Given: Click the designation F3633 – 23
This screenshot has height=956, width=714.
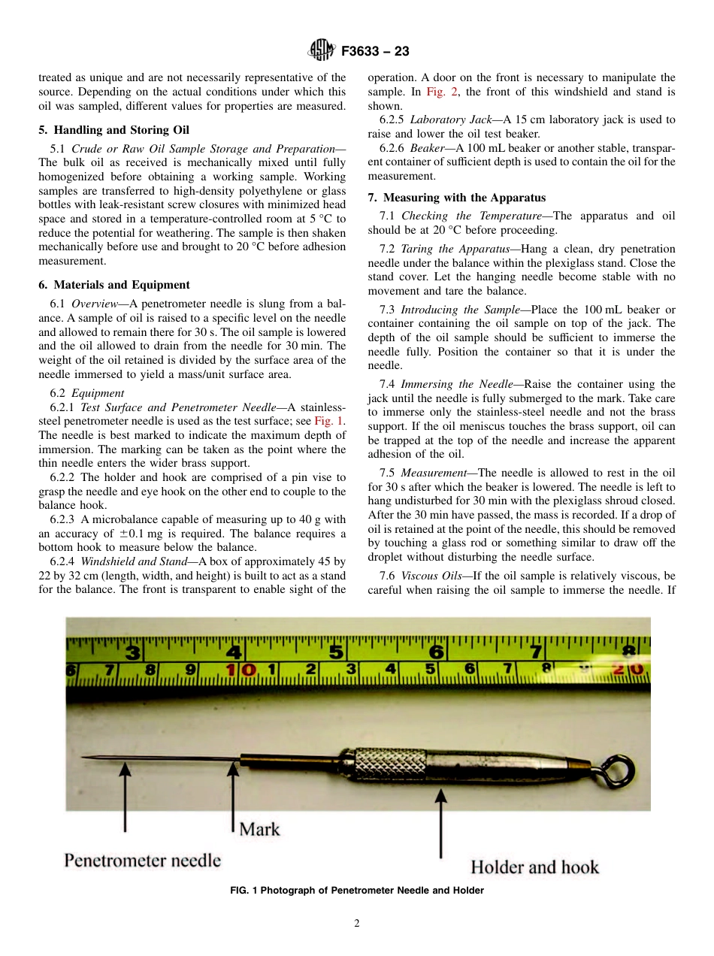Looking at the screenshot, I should pos(375,52).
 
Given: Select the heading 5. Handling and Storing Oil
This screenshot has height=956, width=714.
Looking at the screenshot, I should pos(114,130).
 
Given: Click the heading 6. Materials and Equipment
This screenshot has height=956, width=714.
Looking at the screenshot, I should pos(114,285).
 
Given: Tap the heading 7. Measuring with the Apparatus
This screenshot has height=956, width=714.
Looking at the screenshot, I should pos(456,198).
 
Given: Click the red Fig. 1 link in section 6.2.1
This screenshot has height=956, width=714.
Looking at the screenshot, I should pos(328,421).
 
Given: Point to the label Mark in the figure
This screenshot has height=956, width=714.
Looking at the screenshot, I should pos(259,829).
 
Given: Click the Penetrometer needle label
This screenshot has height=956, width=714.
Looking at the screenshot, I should pos(143,860).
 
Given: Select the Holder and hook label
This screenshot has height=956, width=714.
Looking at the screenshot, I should pos(534,867).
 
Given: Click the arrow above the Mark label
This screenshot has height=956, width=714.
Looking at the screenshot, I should pos(234,789).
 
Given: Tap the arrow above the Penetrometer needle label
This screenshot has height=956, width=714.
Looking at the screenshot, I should pos(124,804).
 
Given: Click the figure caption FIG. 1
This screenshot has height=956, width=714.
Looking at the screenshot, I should pos(356,891).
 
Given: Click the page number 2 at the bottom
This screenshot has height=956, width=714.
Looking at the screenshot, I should pos(356,924).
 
